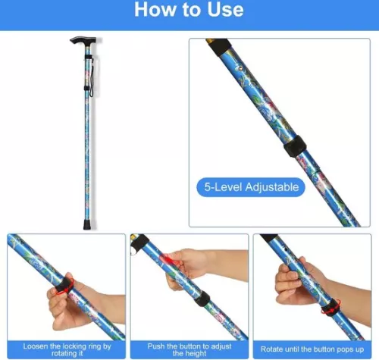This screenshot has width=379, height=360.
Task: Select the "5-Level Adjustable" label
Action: pyautogui.click(x=251, y=186)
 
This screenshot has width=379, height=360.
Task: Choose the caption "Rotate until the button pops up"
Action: pyautogui.click(x=313, y=346)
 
